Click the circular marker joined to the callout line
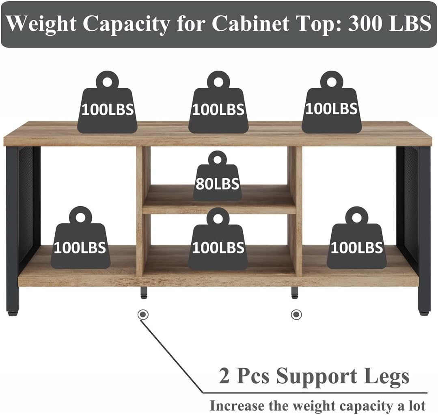pyautogui.click(x=142, y=314)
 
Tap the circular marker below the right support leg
pyautogui.click(x=296, y=314)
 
